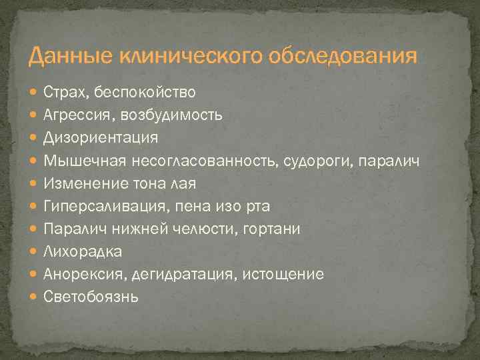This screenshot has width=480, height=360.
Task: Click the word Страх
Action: tap(64, 91)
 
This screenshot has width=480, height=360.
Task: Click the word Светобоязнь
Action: tap(91, 297)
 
